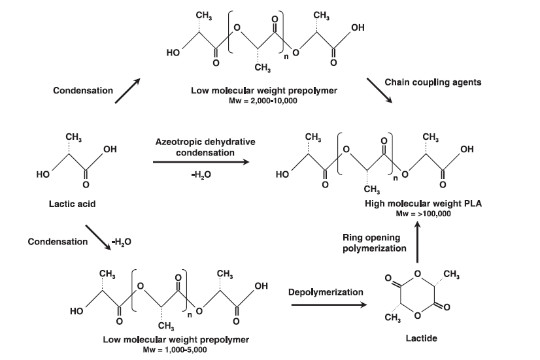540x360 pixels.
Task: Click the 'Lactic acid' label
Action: coord(72,205)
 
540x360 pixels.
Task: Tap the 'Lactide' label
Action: coord(422,338)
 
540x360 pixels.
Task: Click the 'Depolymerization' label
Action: coord(326,292)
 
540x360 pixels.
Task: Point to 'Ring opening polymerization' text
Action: coord(375,242)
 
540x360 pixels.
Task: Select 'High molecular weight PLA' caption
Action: coord(418,204)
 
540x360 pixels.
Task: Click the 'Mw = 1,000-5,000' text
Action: coord(176,350)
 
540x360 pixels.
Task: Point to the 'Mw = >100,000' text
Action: coord(418,214)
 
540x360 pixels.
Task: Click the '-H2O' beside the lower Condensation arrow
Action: coord(121,242)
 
